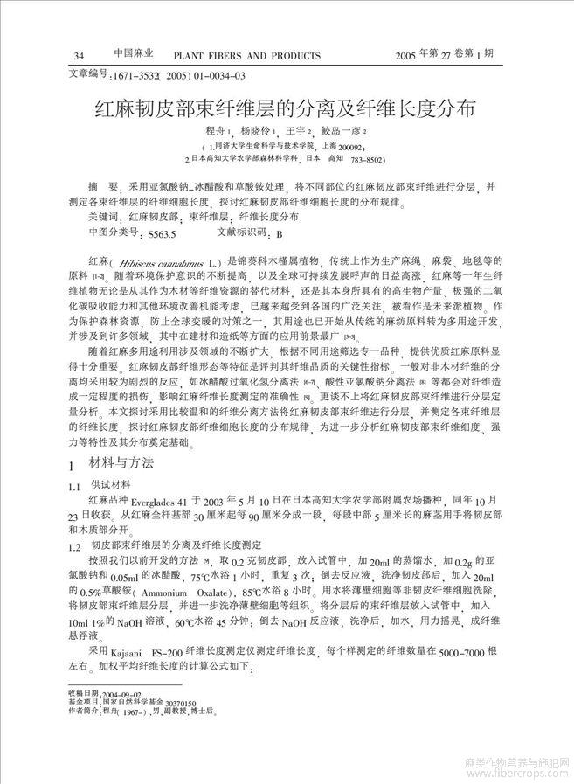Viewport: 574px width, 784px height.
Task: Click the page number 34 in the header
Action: (80, 57)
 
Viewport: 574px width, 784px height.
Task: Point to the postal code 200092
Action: (355, 148)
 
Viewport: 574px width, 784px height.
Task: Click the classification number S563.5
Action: (162, 234)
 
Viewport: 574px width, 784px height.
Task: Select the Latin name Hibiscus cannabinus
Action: (163, 261)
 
